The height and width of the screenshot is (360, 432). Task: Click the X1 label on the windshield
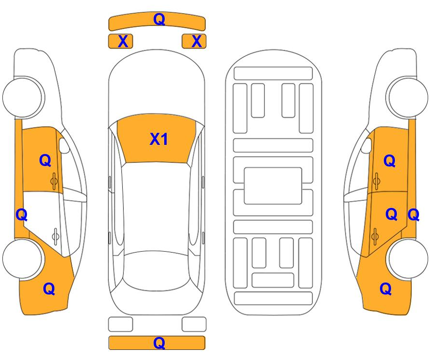[x=158, y=139]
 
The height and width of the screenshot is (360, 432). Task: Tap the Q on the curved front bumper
[x=159, y=19]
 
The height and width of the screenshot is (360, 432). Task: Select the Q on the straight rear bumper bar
[x=159, y=343]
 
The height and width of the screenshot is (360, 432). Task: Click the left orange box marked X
[x=121, y=41]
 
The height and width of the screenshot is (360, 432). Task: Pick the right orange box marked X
[x=194, y=41]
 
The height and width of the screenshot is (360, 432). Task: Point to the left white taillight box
[x=121, y=324]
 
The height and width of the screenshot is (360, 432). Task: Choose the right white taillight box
[x=194, y=324]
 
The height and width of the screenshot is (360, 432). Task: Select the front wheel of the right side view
[x=407, y=97]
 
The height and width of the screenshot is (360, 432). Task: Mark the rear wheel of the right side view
[x=408, y=259]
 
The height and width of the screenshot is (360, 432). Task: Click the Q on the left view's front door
[x=45, y=160]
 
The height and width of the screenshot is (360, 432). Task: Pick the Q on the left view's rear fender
[x=49, y=289]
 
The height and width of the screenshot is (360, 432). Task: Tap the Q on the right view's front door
[x=390, y=161]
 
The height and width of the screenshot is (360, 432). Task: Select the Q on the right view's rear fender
[x=386, y=289]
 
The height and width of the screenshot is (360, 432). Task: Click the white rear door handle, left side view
[x=55, y=236]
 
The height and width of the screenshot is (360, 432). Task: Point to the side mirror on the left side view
[x=64, y=146]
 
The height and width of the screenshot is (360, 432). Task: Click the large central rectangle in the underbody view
[x=273, y=186]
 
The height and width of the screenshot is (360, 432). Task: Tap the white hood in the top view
[x=157, y=85]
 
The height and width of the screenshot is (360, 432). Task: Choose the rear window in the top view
[x=157, y=271]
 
